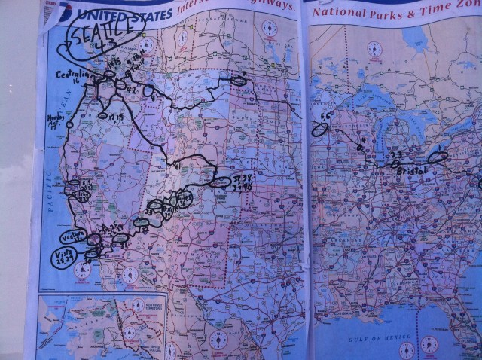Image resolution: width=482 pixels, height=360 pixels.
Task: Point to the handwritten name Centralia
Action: click(x=75, y=75)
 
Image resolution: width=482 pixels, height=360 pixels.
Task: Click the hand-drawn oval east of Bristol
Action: click(x=437, y=157)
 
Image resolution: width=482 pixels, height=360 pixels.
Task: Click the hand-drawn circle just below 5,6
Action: click(x=320, y=130)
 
